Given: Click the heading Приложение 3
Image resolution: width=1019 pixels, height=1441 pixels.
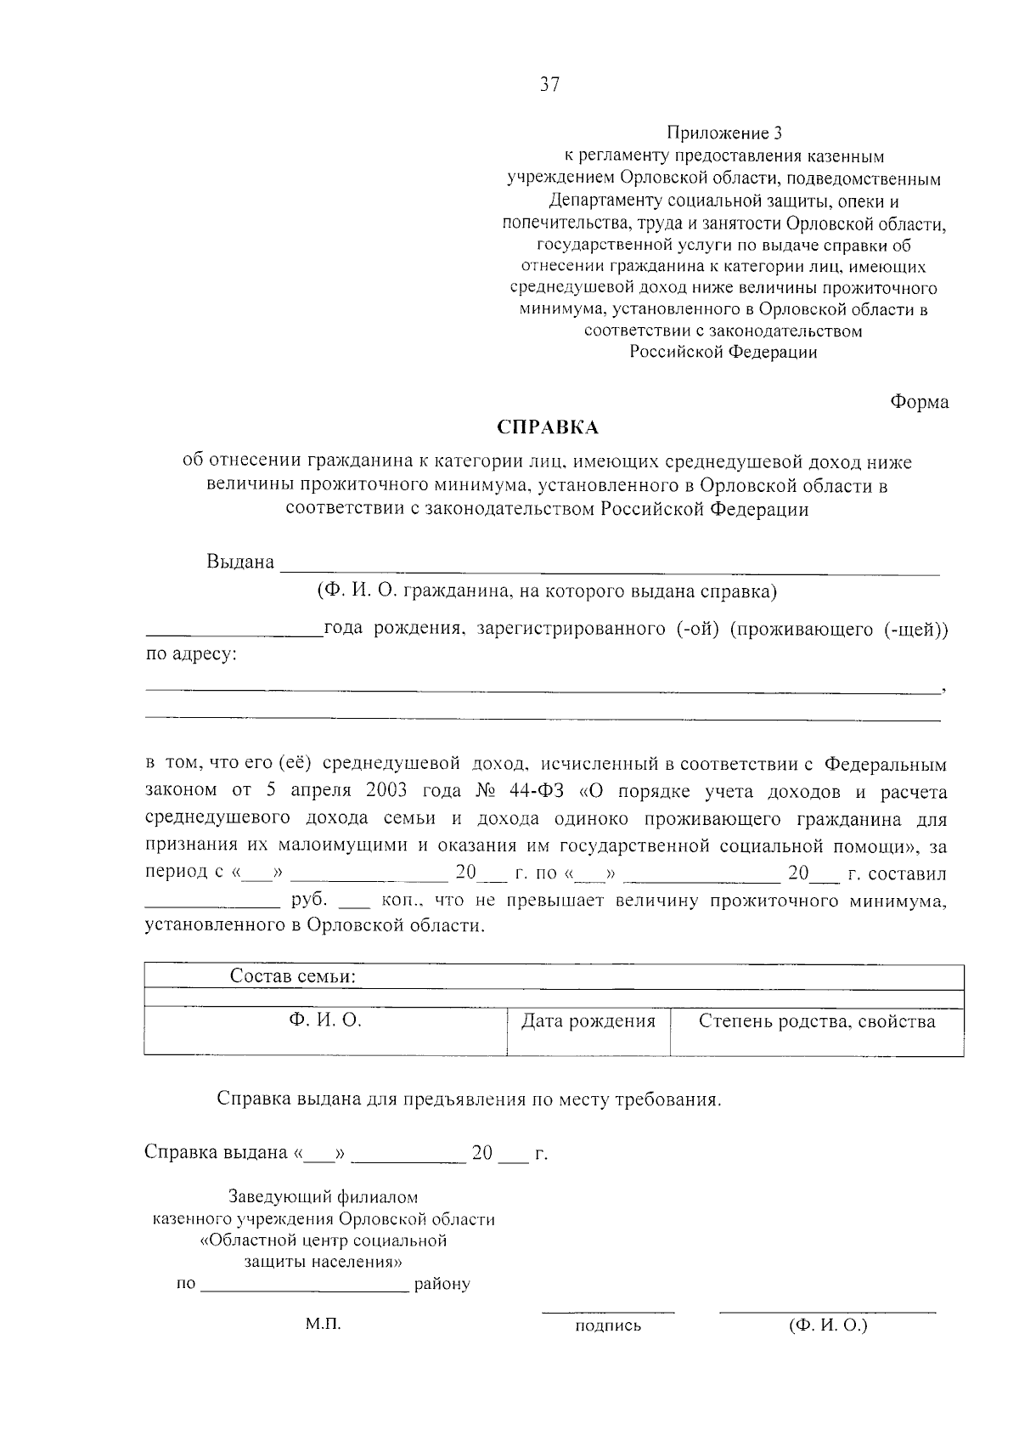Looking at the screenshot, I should pos(723,133).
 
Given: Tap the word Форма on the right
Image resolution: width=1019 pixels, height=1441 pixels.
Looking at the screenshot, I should pos(920,402).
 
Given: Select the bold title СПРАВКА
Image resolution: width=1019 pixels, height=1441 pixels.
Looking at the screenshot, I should pos(548,427).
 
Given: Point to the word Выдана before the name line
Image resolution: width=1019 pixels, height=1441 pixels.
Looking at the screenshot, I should pos(240,562).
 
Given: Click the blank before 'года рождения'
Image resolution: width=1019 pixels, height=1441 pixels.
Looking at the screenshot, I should pos(234,630).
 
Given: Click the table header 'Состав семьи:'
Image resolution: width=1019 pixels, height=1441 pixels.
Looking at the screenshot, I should pos(293,977).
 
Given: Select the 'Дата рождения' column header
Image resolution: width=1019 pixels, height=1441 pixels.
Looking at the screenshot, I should pos(588,1021).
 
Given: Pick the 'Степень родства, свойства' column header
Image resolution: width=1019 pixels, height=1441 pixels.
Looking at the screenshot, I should pos(817,1021).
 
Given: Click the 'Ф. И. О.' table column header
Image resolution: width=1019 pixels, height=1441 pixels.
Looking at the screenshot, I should pos(325,1020).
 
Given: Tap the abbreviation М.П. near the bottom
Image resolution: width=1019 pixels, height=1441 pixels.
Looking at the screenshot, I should pos(323,1325).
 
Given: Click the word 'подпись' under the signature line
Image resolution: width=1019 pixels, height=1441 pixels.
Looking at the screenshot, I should pos(608,1326).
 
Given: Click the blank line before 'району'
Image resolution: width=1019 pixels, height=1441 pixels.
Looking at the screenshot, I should pos(306,1286).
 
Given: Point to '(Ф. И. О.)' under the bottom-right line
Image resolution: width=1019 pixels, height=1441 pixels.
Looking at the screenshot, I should pos(828,1325).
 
